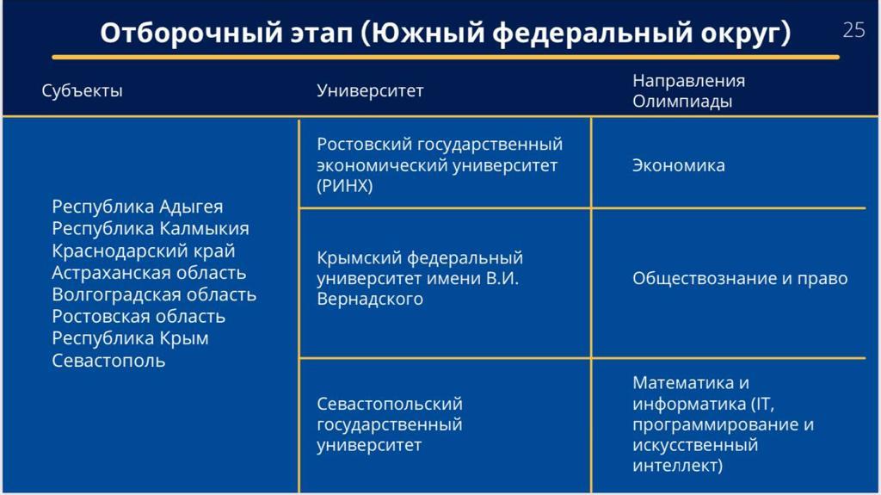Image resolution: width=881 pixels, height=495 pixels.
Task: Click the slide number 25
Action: [x=853, y=30]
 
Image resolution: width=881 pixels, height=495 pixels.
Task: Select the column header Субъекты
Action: [x=82, y=90]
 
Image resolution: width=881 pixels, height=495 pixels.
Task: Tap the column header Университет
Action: [x=370, y=90]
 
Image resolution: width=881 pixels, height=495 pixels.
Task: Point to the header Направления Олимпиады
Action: [x=689, y=90]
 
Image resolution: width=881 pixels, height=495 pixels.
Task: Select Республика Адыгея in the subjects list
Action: [x=138, y=207]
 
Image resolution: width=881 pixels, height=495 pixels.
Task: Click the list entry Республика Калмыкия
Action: [x=151, y=229]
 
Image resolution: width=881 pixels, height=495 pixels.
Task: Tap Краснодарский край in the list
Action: [x=144, y=251]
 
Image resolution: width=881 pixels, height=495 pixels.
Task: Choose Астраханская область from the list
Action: [x=149, y=273]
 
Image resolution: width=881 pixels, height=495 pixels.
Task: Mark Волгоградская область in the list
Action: [x=154, y=294]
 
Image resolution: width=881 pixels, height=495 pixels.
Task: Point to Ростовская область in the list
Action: [x=139, y=317]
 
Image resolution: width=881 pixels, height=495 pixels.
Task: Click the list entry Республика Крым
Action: [x=131, y=338]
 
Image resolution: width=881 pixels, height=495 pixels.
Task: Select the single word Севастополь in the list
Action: [x=108, y=361]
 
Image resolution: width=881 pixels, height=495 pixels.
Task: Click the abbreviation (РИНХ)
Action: [x=345, y=186]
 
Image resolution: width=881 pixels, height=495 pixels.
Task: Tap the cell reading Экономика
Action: [x=679, y=165]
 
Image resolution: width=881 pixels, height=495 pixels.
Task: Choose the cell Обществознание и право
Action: [x=740, y=278]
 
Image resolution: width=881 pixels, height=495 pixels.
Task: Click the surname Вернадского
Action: [x=370, y=299]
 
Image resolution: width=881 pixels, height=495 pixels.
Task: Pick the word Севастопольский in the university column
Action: [x=390, y=404]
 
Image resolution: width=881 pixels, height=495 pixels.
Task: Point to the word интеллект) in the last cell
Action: [x=678, y=465]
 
